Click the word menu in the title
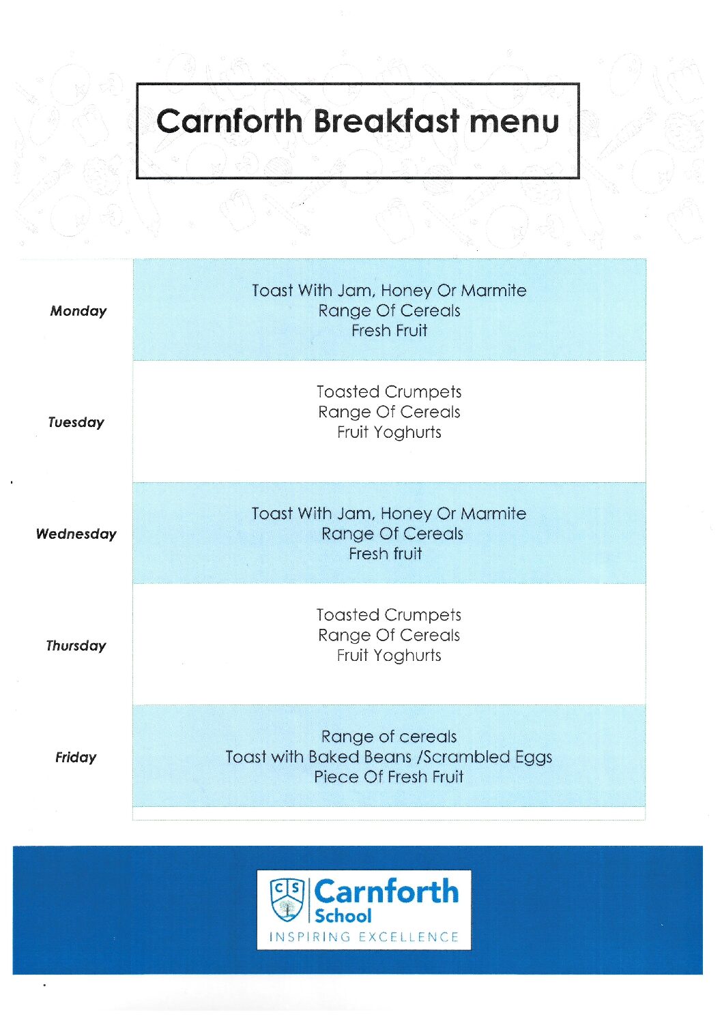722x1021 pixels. click(515, 121)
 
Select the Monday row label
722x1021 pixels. click(78, 311)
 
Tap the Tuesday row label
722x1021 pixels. click(76, 422)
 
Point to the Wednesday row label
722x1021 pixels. click(76, 534)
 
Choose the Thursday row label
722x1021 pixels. click(76, 646)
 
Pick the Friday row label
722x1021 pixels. click(76, 757)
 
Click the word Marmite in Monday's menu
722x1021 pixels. click(493, 291)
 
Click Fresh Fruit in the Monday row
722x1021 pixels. click(389, 331)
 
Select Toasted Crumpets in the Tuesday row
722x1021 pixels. click(389, 392)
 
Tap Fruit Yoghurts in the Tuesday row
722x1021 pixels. click(389, 432)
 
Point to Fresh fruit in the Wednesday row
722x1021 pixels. click(386, 554)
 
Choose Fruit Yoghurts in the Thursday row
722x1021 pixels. click(389, 655)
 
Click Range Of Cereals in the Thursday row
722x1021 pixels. click(389, 636)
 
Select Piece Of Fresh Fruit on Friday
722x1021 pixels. click(389, 777)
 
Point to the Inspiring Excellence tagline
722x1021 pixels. click(364, 937)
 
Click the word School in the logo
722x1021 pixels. click(343, 915)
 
